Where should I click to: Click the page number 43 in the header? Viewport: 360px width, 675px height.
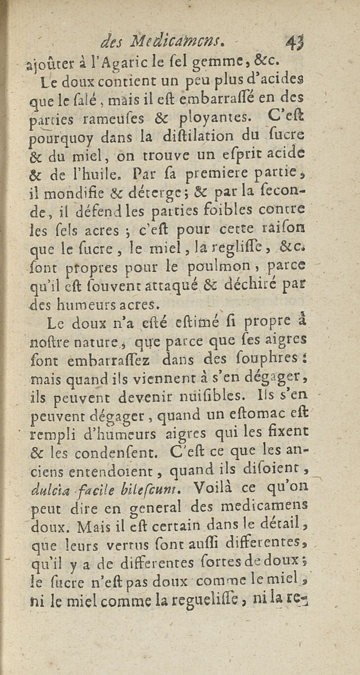pyautogui.click(x=294, y=45)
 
